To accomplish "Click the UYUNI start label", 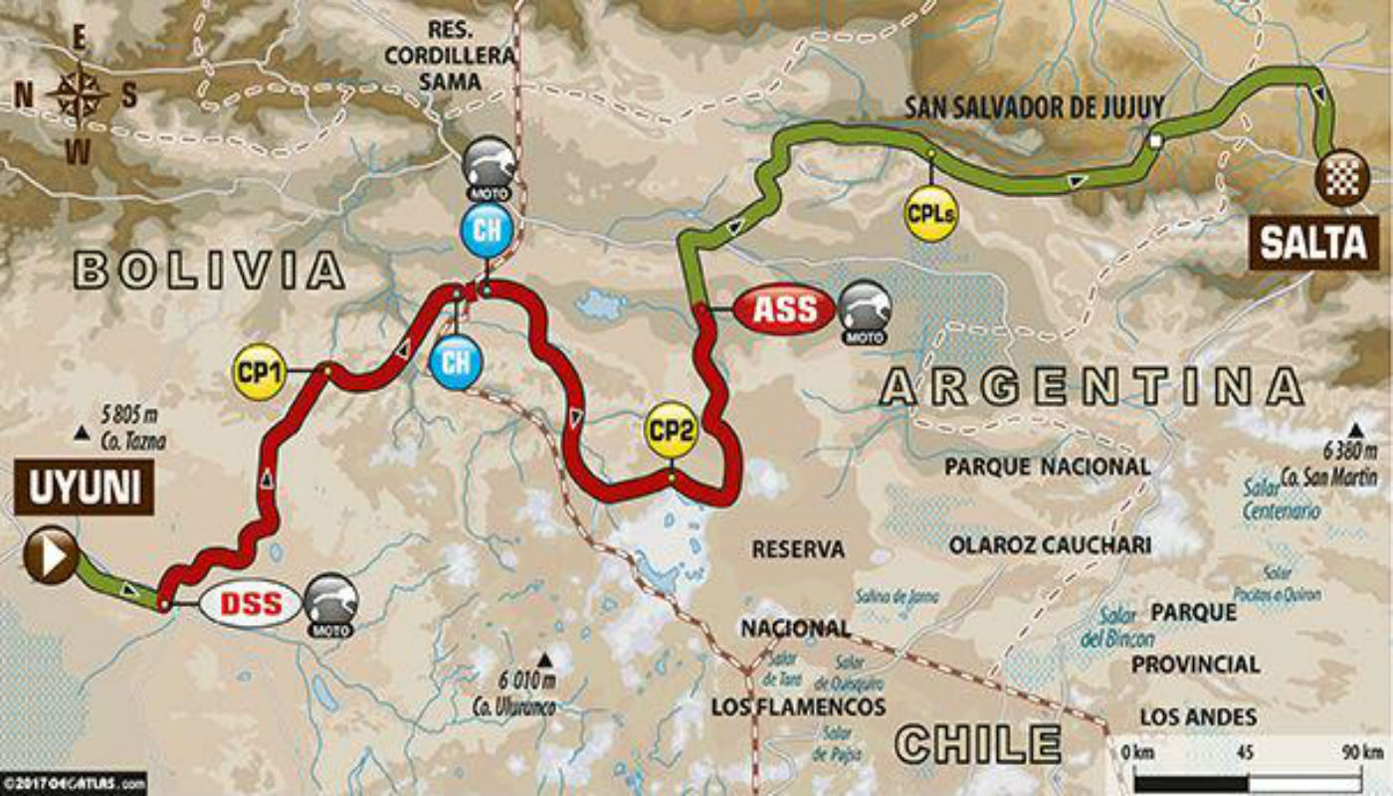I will click(x=84, y=488).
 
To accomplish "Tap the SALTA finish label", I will click(x=1313, y=242).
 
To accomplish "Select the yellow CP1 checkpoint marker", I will click(x=259, y=373).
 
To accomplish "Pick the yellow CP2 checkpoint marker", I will click(x=671, y=430).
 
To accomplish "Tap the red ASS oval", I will click(x=785, y=309).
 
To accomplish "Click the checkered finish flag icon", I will click(x=1336, y=177).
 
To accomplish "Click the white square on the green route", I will click(x=1154, y=141).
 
